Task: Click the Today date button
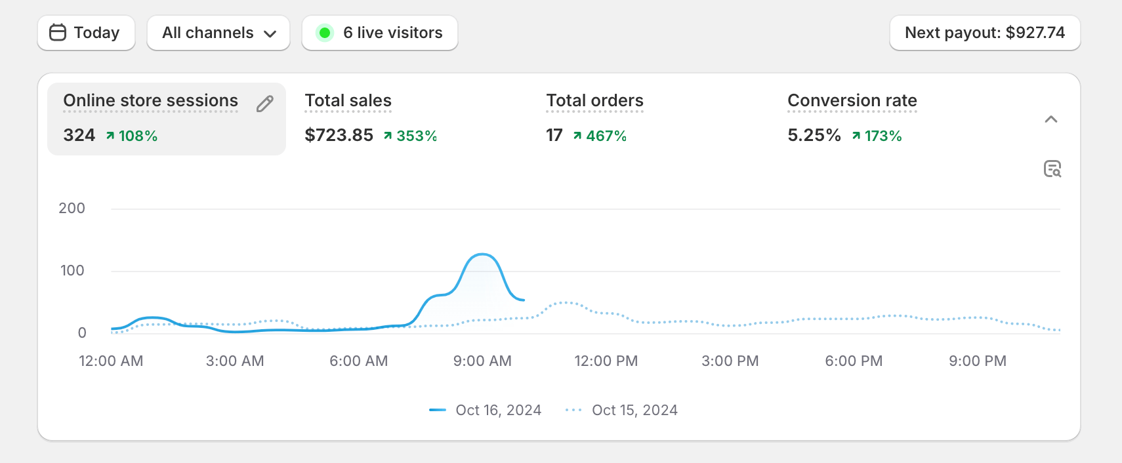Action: (x=86, y=33)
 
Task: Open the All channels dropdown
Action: (x=218, y=33)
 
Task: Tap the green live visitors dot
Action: (x=324, y=33)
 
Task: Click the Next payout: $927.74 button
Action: (x=984, y=33)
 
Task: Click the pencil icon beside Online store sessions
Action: (x=265, y=104)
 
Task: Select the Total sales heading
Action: (x=348, y=100)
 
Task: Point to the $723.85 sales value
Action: (x=339, y=135)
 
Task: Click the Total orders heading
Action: (x=594, y=100)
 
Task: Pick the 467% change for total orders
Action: (x=606, y=136)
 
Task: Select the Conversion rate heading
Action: (x=852, y=100)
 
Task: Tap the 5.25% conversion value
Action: (x=814, y=135)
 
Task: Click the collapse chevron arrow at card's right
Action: (x=1050, y=119)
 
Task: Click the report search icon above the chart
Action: (x=1052, y=169)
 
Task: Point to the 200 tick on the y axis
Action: (x=72, y=209)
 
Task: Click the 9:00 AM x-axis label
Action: (x=482, y=361)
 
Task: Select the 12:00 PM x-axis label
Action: (x=606, y=361)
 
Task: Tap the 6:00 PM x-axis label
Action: (x=854, y=361)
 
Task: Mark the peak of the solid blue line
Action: (x=482, y=254)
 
